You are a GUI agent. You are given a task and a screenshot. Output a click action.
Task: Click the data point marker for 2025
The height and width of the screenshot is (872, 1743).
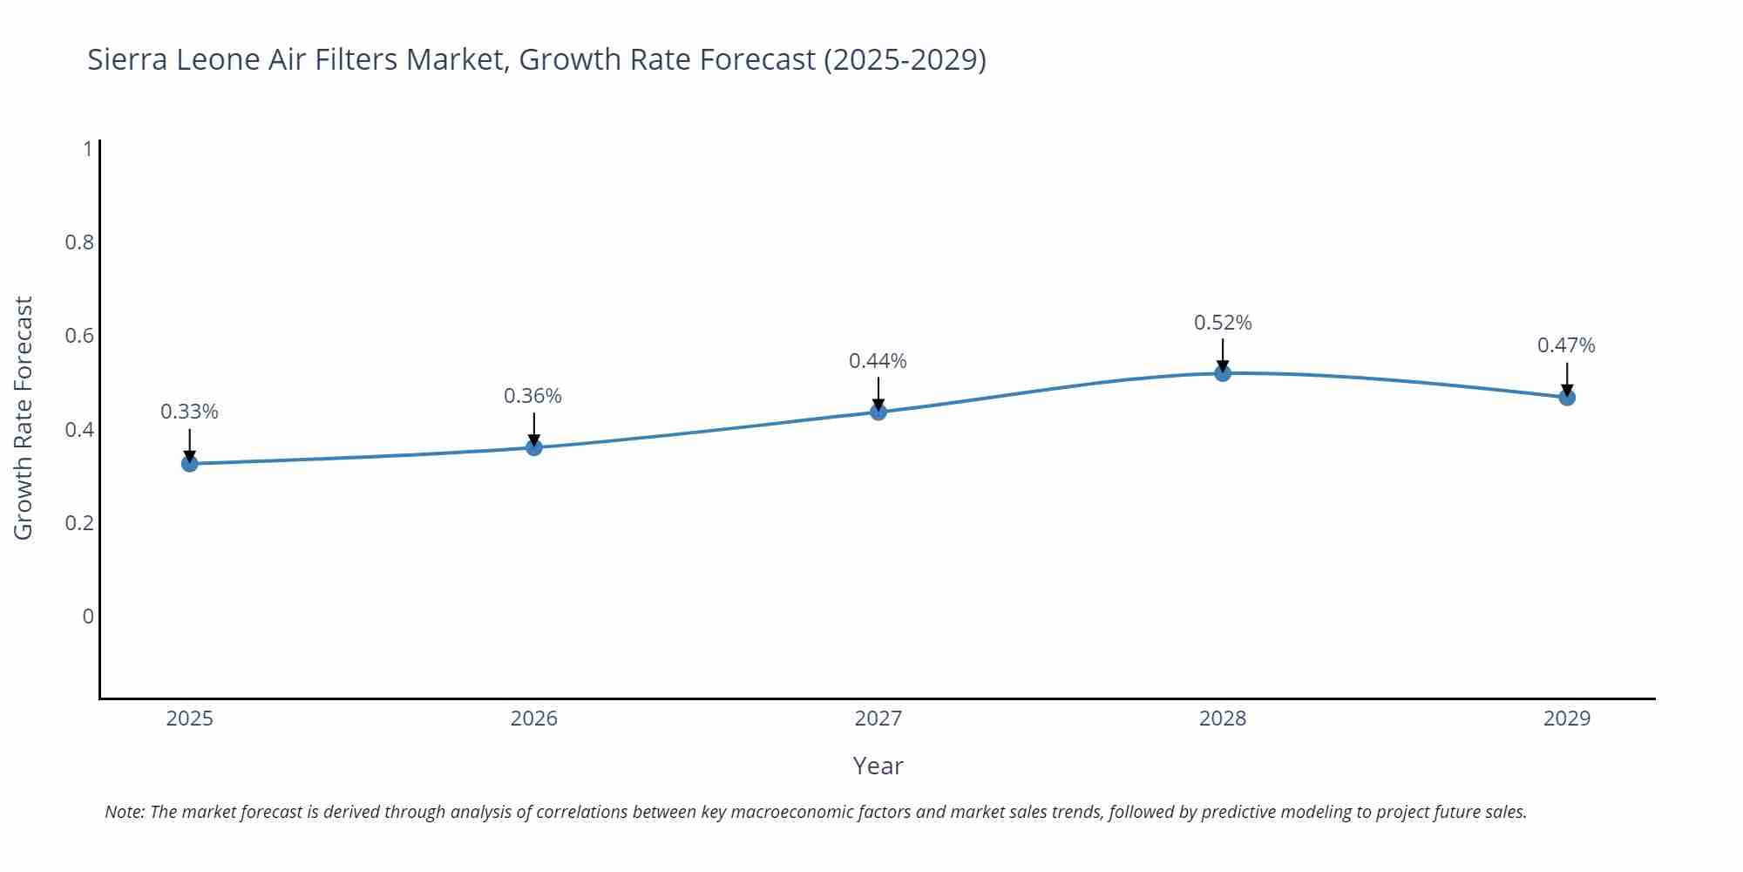(x=190, y=464)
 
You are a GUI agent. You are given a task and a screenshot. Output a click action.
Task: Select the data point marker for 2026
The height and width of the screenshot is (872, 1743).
(x=534, y=447)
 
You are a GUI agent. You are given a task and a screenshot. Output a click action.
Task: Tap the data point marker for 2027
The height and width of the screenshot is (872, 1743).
(x=878, y=412)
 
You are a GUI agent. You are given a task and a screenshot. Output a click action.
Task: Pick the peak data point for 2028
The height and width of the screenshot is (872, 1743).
(x=1223, y=373)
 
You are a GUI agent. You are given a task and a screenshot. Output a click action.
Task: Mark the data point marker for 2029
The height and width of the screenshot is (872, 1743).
(x=1567, y=398)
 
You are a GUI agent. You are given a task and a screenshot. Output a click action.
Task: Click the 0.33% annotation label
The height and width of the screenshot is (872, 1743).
(x=189, y=412)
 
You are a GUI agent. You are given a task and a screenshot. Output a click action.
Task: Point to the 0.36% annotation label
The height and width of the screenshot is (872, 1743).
(x=532, y=396)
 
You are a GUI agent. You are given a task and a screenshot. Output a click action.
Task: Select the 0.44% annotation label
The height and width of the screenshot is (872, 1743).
(x=878, y=361)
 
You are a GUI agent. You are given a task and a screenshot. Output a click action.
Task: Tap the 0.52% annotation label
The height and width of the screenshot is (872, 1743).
(x=1223, y=323)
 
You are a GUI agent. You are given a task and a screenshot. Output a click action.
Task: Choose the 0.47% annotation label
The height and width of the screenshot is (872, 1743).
(x=1566, y=345)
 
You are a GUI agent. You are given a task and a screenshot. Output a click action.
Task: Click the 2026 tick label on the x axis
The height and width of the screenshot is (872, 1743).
(x=534, y=719)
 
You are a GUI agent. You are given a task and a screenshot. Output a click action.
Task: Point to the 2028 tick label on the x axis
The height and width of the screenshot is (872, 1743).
(x=1223, y=719)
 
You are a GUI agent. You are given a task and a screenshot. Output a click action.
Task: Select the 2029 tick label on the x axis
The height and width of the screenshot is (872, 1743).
(x=1567, y=719)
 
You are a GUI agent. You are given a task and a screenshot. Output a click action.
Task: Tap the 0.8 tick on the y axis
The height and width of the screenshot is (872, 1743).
(x=79, y=242)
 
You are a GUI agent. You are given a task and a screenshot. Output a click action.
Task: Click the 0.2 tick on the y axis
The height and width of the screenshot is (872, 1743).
(x=79, y=523)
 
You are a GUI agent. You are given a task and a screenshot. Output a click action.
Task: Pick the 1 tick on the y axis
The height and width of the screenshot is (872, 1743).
(x=87, y=149)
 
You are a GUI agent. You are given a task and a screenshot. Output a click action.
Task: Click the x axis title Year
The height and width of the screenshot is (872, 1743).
(x=878, y=766)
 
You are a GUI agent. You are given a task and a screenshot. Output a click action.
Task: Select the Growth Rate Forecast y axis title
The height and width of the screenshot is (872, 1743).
(x=24, y=418)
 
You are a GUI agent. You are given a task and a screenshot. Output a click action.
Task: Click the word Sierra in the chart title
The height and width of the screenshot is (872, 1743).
(x=127, y=59)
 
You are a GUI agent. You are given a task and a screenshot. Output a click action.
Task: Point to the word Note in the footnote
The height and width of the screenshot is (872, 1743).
(x=124, y=812)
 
